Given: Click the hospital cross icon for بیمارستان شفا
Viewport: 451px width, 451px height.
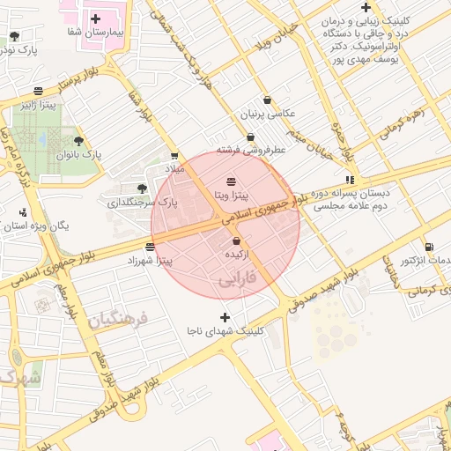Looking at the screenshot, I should tap(95, 18).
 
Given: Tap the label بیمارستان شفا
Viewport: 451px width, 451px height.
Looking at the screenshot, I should tap(95, 32).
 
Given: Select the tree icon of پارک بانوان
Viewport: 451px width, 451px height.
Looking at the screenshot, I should tap(78, 141).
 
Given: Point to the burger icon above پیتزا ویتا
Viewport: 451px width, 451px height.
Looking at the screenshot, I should tap(231, 180).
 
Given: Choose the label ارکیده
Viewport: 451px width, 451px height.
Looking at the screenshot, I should tap(236, 254).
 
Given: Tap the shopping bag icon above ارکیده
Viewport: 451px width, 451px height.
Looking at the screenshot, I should tap(236, 240).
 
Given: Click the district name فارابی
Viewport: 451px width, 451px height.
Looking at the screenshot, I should tap(235, 280).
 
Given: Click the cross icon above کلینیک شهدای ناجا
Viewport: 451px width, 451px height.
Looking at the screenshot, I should tap(225, 317).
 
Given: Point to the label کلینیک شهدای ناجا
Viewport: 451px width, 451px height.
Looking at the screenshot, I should tap(225, 330).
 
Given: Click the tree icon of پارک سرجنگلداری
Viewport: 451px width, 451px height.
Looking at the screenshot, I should tap(143, 189).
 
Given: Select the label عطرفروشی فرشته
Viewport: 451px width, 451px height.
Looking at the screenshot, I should tap(254, 151).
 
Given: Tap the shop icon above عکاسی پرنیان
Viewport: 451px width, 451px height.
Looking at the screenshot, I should tap(268, 100).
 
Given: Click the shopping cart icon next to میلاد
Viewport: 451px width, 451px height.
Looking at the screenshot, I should tap(174, 156).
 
